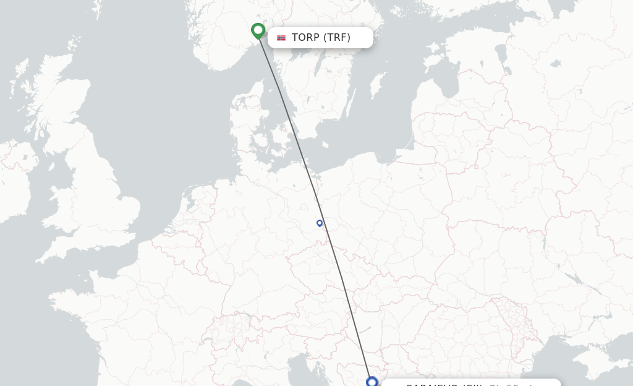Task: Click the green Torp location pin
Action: click(x=258, y=30)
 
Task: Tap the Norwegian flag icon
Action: click(x=281, y=38)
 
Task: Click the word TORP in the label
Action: click(x=305, y=38)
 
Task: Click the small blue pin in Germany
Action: click(x=320, y=223)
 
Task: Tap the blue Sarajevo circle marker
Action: click(x=372, y=382)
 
